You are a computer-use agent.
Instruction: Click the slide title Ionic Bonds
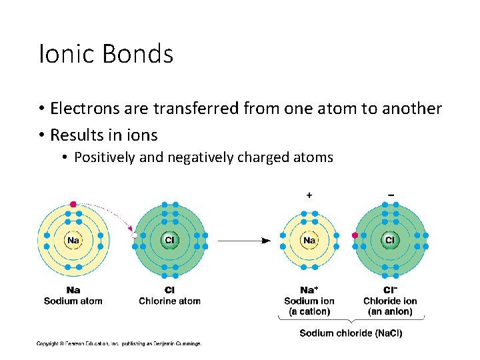(106, 54)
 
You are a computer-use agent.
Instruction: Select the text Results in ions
(104, 135)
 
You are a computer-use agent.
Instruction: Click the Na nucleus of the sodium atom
(73, 240)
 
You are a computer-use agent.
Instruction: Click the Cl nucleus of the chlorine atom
(169, 240)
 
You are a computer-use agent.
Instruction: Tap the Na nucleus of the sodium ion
(309, 240)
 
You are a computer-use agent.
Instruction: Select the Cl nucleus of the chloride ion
(389, 240)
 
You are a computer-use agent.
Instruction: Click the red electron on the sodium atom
(73, 204)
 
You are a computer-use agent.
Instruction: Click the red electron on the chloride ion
(355, 235)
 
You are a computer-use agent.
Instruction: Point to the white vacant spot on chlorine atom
(135, 235)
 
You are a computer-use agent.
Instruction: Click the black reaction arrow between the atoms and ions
(244, 240)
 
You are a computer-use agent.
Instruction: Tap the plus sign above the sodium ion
(309, 195)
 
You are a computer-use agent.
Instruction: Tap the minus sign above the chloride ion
(390, 195)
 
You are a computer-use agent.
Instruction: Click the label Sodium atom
(73, 301)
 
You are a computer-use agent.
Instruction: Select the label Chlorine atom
(169, 301)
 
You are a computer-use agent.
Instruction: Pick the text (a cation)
(309, 311)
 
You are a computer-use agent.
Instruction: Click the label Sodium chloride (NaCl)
(351, 333)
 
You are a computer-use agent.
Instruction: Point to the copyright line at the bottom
(119, 344)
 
